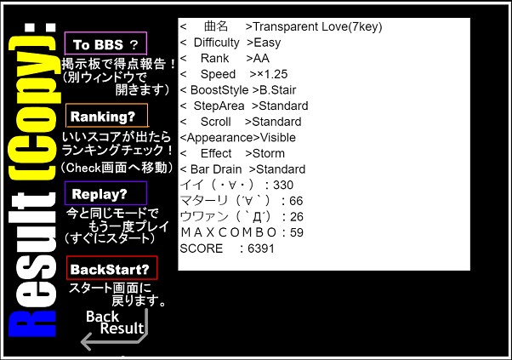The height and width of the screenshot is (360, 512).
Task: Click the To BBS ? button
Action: click(x=105, y=43)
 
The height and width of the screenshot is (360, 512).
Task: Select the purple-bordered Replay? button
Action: click(x=105, y=193)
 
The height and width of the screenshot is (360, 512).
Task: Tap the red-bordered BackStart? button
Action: click(x=112, y=268)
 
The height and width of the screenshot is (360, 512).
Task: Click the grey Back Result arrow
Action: click(x=114, y=330)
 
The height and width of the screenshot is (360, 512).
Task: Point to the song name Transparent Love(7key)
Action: click(x=317, y=26)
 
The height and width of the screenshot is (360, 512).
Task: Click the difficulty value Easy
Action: click(x=267, y=43)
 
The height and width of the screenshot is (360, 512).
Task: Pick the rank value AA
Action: click(x=261, y=58)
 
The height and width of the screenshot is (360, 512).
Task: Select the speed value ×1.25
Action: click(x=272, y=74)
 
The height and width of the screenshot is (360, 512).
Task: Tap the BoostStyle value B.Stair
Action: click(x=278, y=90)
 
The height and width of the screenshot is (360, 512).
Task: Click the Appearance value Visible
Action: click(x=278, y=138)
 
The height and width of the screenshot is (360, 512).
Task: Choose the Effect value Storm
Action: click(x=269, y=153)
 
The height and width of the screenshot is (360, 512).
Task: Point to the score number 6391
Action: click(x=261, y=249)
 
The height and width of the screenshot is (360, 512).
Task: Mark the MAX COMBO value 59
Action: click(x=297, y=232)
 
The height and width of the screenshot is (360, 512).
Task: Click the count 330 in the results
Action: click(x=283, y=185)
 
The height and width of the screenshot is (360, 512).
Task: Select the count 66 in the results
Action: click(x=296, y=201)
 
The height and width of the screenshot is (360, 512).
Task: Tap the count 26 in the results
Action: click(x=297, y=216)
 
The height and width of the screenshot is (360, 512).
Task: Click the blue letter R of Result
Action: click(x=32, y=323)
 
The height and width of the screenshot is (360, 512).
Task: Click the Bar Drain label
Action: click(x=216, y=169)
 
